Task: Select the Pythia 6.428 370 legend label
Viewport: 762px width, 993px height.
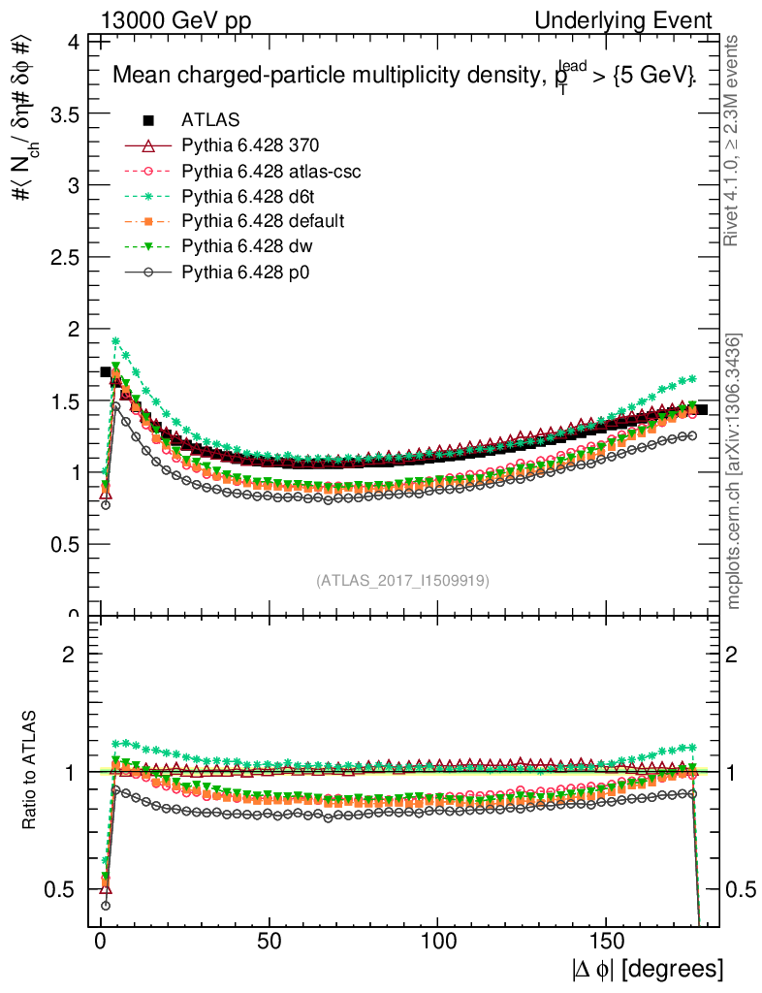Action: [250, 145]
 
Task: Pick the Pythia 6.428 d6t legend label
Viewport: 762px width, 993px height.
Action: [252, 196]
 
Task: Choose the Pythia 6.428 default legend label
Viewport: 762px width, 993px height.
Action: [263, 221]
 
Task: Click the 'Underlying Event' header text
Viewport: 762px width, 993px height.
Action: [643, 20]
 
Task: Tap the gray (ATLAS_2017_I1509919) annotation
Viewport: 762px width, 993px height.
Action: [402, 581]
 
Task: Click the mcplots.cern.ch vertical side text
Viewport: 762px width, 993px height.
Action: [735, 471]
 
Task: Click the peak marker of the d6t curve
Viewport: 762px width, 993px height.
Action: [115, 341]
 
